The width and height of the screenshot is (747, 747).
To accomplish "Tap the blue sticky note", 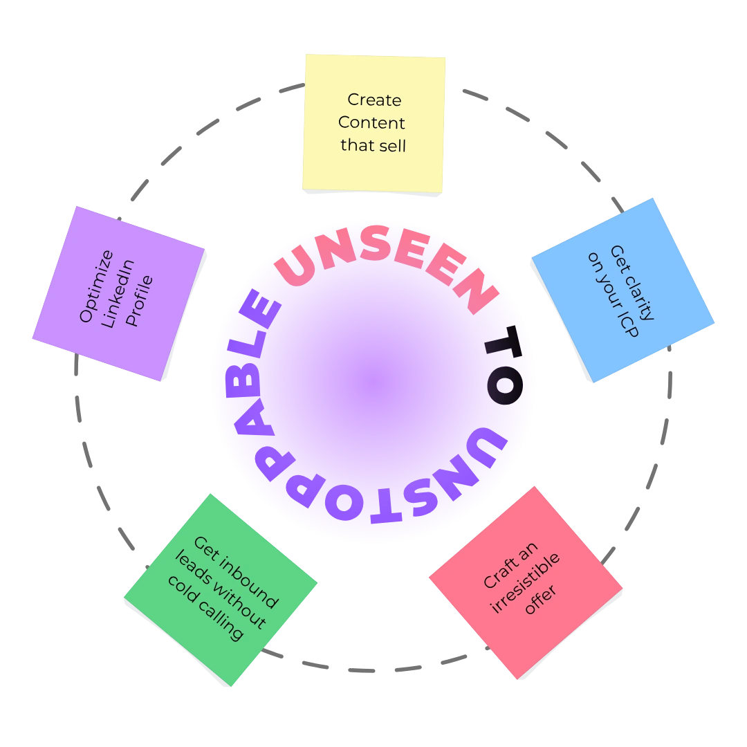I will click(621, 290).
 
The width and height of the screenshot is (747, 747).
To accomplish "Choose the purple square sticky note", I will click(118, 293).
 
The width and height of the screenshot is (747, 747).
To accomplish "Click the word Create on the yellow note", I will click(374, 100).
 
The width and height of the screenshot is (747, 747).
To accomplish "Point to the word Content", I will click(372, 123).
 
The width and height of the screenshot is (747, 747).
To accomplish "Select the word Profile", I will click(139, 302).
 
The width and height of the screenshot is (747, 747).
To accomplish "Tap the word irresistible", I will click(526, 583).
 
